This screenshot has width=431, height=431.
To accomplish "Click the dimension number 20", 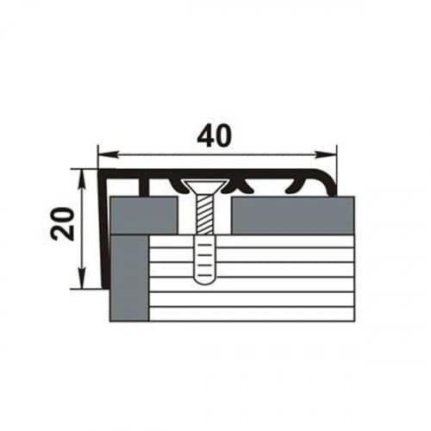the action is point(62,224).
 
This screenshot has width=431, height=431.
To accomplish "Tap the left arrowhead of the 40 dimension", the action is point(109,155).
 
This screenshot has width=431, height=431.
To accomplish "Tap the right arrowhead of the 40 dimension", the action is point(326,155).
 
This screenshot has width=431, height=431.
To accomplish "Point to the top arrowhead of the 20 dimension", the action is point(82,179).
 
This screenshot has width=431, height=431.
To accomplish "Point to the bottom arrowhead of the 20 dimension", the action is point(82,278).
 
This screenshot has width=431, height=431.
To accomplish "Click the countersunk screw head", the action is point(205,187).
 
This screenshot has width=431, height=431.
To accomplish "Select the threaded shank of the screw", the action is point(204,215).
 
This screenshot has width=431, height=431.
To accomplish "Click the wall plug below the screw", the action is point(204,259).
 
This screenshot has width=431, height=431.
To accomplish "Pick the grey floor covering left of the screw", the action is point(144,215).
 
